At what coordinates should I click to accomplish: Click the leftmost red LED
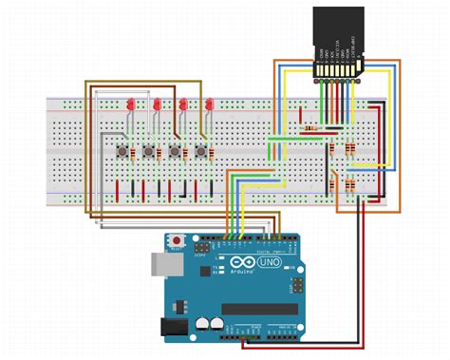(127, 103)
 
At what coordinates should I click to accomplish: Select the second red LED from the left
(155, 103)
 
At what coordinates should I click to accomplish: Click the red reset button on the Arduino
(176, 239)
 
